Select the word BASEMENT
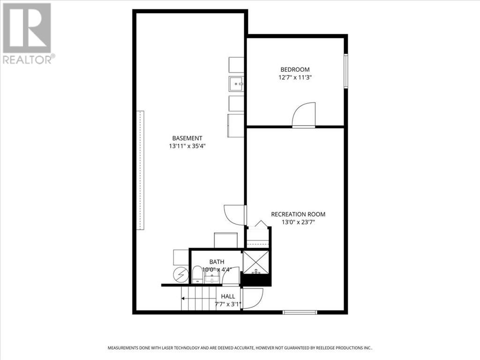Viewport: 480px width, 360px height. pyautogui.click(x=187, y=138)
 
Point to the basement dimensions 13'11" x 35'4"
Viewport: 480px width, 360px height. pyautogui.click(x=187, y=146)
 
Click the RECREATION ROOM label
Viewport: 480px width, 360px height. pyautogui.click(x=298, y=214)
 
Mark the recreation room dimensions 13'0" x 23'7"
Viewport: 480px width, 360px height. pyautogui.click(x=298, y=222)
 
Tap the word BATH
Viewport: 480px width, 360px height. pyautogui.click(x=217, y=262)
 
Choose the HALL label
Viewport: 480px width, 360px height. pyautogui.click(x=228, y=296)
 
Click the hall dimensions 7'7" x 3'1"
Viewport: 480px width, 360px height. pyautogui.click(x=228, y=304)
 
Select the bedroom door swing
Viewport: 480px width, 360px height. pyautogui.click(x=304, y=115)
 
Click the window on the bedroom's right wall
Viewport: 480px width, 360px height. pyautogui.click(x=345, y=71)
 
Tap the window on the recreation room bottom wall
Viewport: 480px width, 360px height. pyautogui.click(x=300, y=312)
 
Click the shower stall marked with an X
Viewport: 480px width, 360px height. pyautogui.click(x=256, y=262)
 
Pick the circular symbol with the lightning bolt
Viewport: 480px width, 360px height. pyautogui.click(x=181, y=274)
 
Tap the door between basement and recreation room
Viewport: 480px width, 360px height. pyautogui.click(x=235, y=215)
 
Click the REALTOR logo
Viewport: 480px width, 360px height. pyautogui.click(x=27, y=33)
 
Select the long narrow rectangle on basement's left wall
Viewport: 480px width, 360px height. pyautogui.click(x=140, y=170)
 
